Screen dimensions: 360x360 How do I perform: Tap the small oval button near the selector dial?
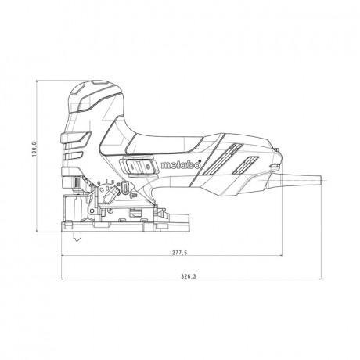point(125,189)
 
